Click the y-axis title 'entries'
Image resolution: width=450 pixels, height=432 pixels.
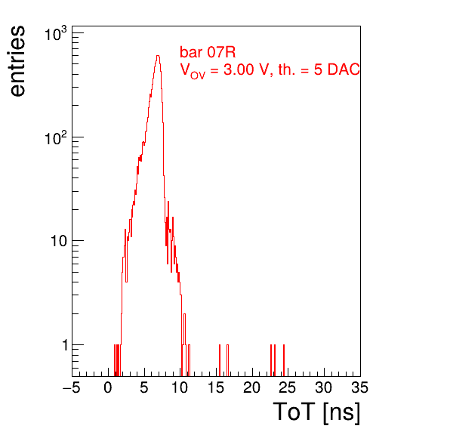17,61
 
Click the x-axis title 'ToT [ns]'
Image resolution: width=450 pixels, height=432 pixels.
316,412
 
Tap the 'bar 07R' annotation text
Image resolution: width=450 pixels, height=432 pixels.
208,52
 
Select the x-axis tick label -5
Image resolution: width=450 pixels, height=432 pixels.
72,387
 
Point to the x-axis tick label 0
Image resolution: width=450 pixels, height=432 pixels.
108,387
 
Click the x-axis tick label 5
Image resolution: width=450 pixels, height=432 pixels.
144,387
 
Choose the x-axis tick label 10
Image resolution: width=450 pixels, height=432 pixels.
180,387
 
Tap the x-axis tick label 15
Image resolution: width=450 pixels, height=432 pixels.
216,387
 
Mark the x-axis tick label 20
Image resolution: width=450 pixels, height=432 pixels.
251,387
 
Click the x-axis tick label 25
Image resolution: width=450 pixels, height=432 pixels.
288,387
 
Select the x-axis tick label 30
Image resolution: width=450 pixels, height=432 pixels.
324,387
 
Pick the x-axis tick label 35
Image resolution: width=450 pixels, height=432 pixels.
359,387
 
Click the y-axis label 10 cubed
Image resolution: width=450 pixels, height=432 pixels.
56,33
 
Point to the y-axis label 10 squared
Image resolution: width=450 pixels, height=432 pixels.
56,137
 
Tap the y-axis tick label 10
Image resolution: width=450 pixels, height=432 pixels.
59,241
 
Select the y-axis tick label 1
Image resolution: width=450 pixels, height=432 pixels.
65,345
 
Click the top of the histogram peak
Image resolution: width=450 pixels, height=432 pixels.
158,56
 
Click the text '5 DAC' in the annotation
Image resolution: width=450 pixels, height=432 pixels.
337,69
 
